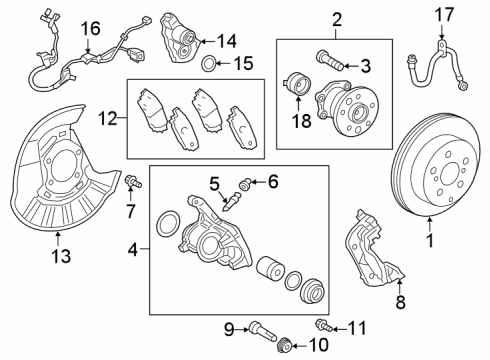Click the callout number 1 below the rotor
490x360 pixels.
coord(431,241)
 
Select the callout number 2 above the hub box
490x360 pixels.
coord(336,19)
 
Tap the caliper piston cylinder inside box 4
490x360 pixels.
coord(270,272)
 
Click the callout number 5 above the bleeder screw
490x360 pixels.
coord(213,182)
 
